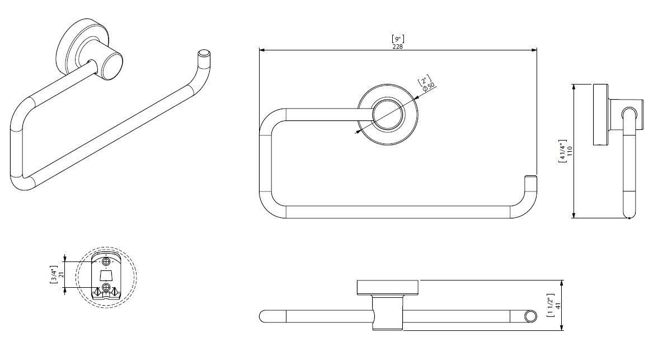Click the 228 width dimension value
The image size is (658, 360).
pyautogui.click(x=397, y=46)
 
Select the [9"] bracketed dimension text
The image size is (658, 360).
pyautogui.click(x=397, y=39)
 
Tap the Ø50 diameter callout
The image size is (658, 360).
pyautogui.click(x=429, y=87)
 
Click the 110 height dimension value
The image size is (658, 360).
pyautogui.click(x=570, y=151)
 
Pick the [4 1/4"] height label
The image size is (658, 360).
pyautogui.click(x=562, y=151)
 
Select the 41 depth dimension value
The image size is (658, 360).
pyautogui.click(x=558, y=306)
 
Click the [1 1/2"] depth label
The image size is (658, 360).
pyautogui.click(x=550, y=305)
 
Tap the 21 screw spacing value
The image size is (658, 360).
pyautogui.click(x=61, y=275)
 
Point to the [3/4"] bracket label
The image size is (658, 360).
pyautogui.click(x=53, y=275)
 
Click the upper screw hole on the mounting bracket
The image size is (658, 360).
pyautogui.click(x=106, y=261)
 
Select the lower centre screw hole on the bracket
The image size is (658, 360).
pyautogui.click(x=106, y=288)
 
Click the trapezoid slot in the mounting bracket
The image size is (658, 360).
pyautogui.click(x=106, y=275)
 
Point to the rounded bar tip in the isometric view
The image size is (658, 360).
pyautogui.click(x=204, y=54)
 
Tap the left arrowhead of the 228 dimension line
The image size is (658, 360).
pyautogui.click(x=261, y=50)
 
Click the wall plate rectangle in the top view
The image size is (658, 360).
pyautogui.click(x=387, y=288)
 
